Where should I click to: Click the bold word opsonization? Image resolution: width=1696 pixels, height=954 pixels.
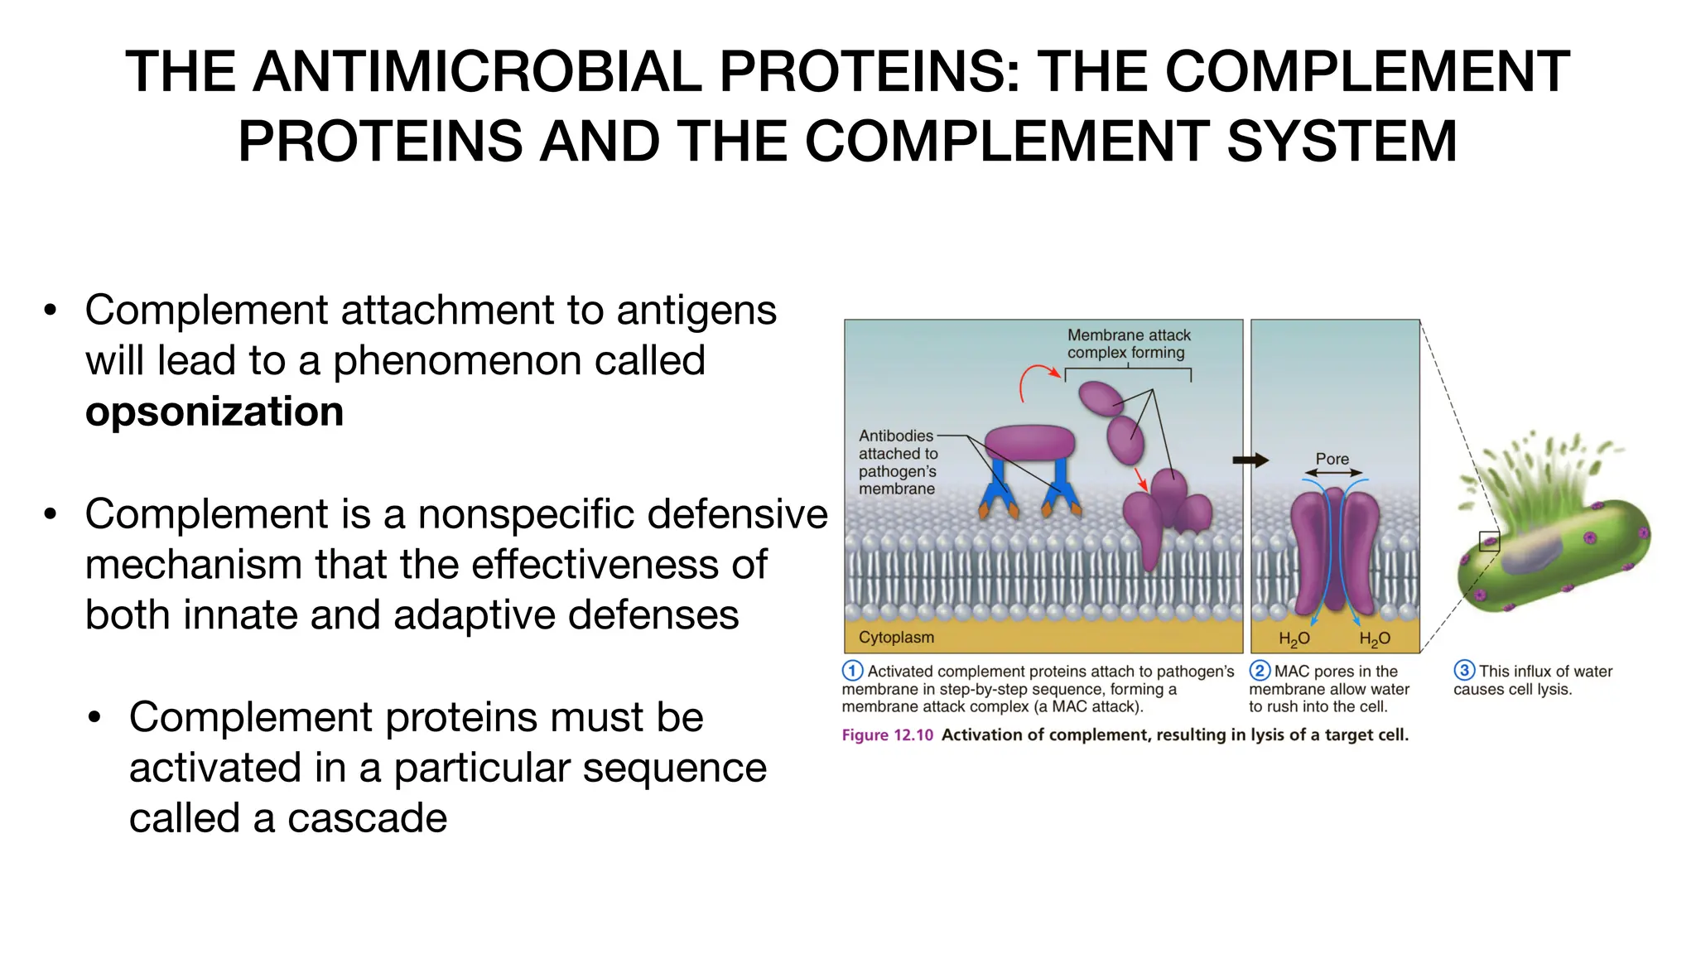pos(214,412)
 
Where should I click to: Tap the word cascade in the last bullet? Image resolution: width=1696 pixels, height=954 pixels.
pos(367,818)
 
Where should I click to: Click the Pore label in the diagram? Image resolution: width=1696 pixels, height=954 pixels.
pos(1332,459)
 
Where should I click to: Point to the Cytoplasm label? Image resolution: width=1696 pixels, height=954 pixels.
pos(896,638)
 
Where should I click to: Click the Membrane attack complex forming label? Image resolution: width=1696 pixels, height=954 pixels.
pos(1128,344)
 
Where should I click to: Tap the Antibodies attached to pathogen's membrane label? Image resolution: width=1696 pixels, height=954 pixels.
pos(898,462)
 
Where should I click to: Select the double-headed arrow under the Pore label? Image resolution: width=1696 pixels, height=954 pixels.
pos(1332,473)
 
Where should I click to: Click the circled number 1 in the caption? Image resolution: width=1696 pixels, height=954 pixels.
pos(852,671)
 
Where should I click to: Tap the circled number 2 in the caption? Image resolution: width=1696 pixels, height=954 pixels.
pos(1260,671)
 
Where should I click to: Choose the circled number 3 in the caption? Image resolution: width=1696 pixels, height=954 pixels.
pos(1464,671)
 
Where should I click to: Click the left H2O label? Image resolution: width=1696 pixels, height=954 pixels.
pos(1294,638)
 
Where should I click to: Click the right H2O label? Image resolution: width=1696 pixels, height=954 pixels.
pos(1374,638)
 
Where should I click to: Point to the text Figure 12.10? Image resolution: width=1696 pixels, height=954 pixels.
pos(887,735)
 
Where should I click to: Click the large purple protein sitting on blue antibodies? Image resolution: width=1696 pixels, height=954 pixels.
pos(1029,443)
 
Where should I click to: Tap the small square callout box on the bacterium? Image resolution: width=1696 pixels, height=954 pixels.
pos(1489,542)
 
